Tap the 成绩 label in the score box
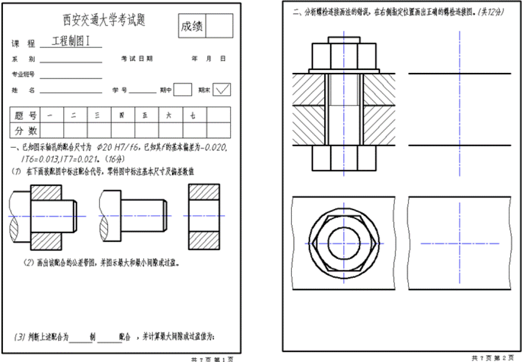tap(192, 26)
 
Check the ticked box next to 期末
tap(222, 90)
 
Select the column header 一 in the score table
tap(51, 115)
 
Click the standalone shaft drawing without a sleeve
tap(134, 216)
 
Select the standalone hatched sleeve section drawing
tap(204, 216)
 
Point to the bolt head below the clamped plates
tap(344, 158)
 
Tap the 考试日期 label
tap(137, 59)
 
